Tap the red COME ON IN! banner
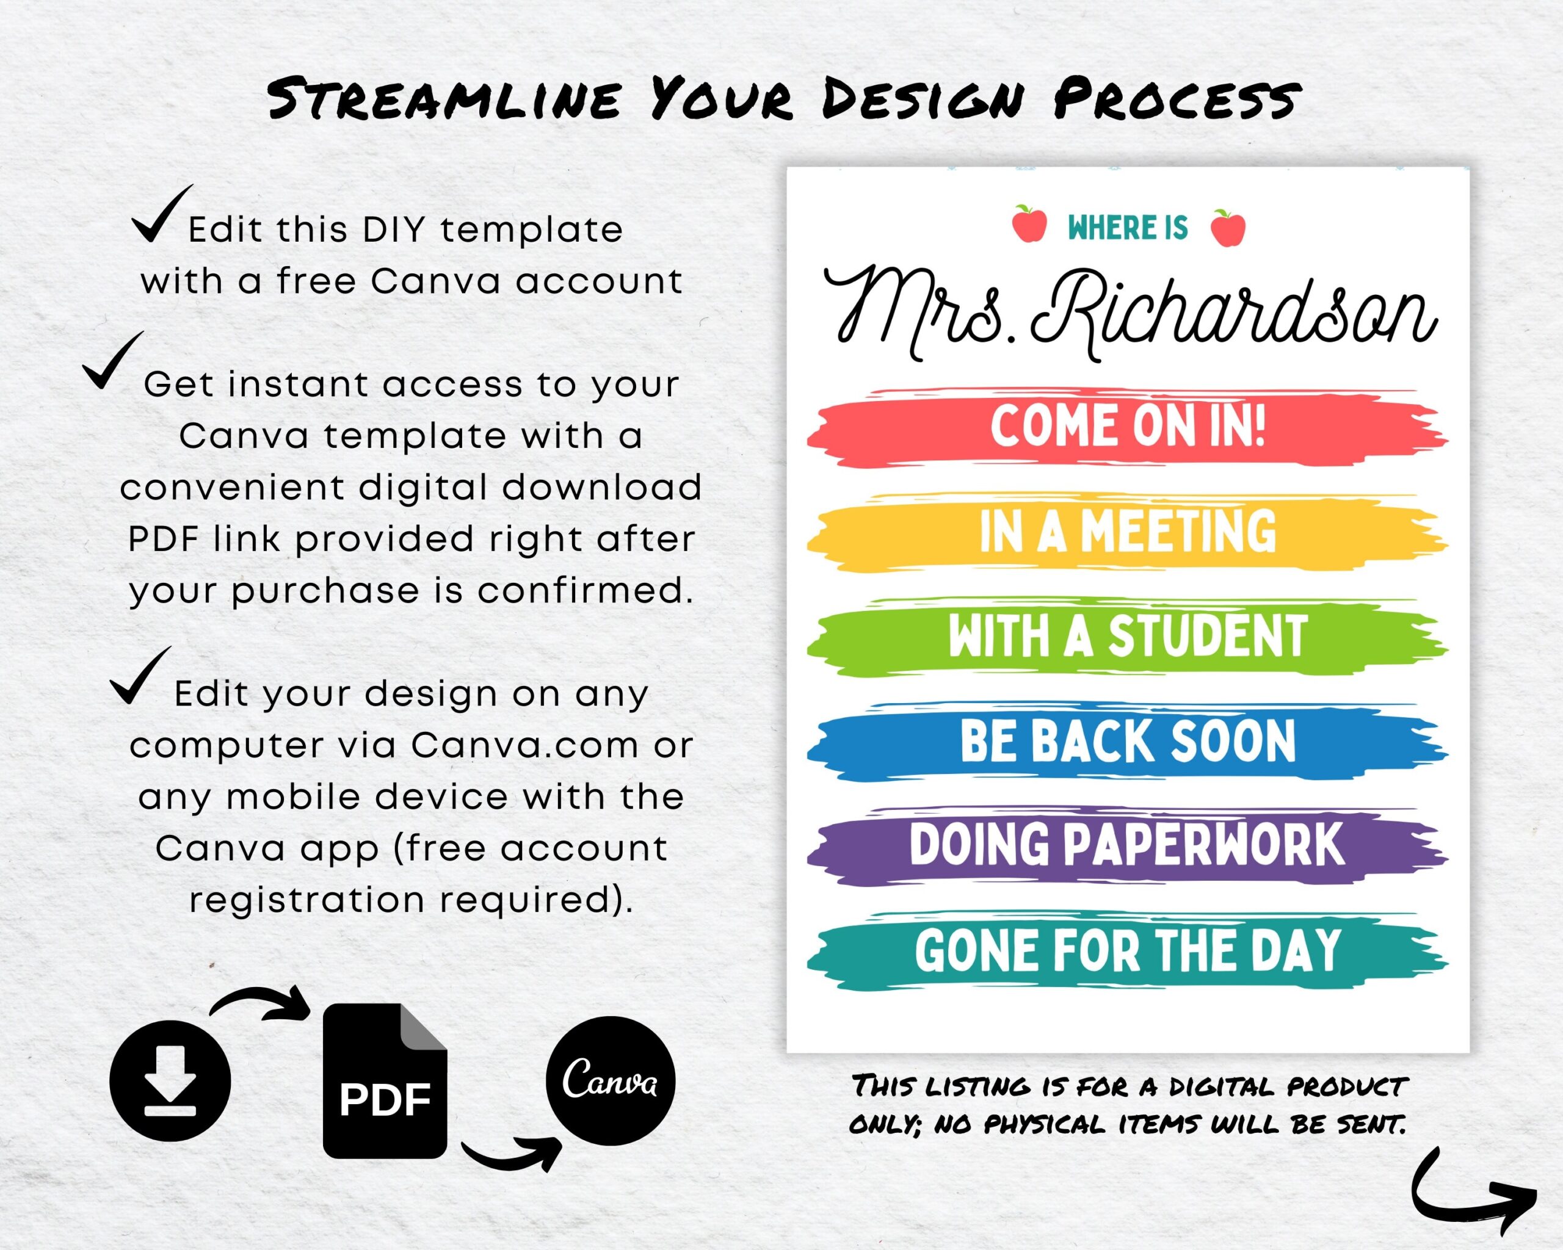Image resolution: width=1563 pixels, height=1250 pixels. tap(1127, 427)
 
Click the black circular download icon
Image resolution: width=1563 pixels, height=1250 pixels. tap(170, 1080)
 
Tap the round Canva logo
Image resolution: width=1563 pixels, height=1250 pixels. tap(611, 1080)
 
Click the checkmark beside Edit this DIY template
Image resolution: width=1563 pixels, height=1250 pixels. tap(161, 215)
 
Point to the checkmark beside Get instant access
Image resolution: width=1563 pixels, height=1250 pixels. tap(112, 361)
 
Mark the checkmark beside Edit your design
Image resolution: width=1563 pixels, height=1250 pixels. tap(140, 676)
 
